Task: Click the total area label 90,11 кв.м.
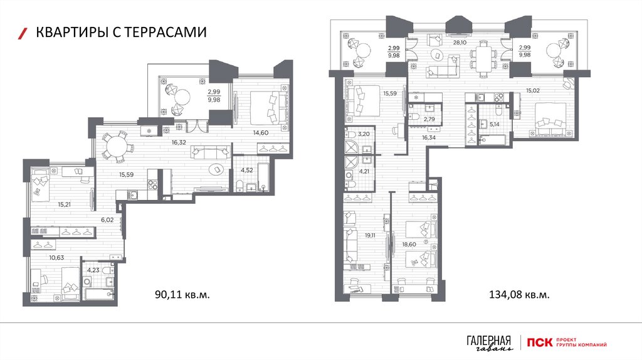click(182, 294)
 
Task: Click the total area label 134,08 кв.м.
click(519, 294)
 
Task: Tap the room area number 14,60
click(260, 132)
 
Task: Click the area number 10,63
click(56, 258)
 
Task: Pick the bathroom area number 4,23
click(93, 270)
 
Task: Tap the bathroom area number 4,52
click(246, 171)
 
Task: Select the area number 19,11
click(370, 235)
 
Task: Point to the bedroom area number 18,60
click(409, 245)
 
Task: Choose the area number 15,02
click(533, 90)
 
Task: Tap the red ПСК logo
click(540, 342)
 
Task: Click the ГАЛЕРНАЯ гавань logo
click(489, 343)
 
